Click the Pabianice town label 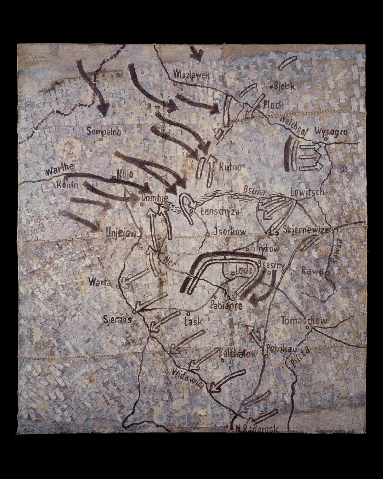[227, 305]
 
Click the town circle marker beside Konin [65, 178]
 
